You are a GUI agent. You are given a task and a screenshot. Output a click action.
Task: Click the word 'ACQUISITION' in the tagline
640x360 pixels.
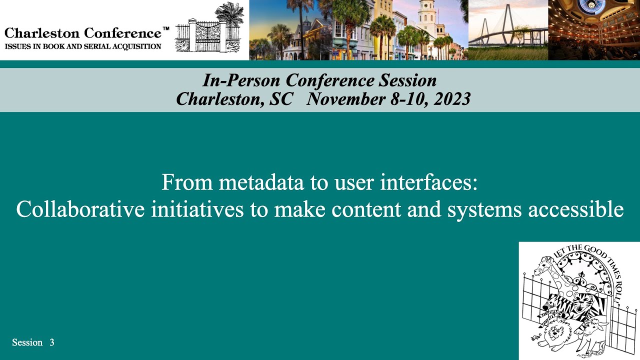(x=138, y=46)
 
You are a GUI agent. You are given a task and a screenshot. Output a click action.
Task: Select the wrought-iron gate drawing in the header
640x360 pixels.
(x=208, y=35)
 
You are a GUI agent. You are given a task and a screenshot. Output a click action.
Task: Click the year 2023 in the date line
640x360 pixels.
(x=452, y=99)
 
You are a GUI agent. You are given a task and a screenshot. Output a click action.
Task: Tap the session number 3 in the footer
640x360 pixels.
(x=52, y=342)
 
